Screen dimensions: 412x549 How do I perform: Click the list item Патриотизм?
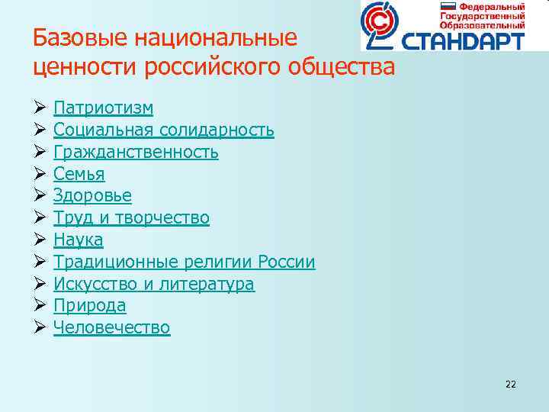103,108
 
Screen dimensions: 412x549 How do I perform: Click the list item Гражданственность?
136,152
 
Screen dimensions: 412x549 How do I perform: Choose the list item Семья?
79,174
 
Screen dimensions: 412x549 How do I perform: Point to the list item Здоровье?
92,196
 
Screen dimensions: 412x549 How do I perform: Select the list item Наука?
78,240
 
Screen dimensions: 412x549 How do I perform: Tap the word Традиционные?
117,262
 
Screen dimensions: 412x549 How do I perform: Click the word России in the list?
287,262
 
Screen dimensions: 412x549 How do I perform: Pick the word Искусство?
88,285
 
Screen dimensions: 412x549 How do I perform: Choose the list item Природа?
89,306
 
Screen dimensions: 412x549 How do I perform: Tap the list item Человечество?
111,328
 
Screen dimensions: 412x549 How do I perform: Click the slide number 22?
510,384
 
